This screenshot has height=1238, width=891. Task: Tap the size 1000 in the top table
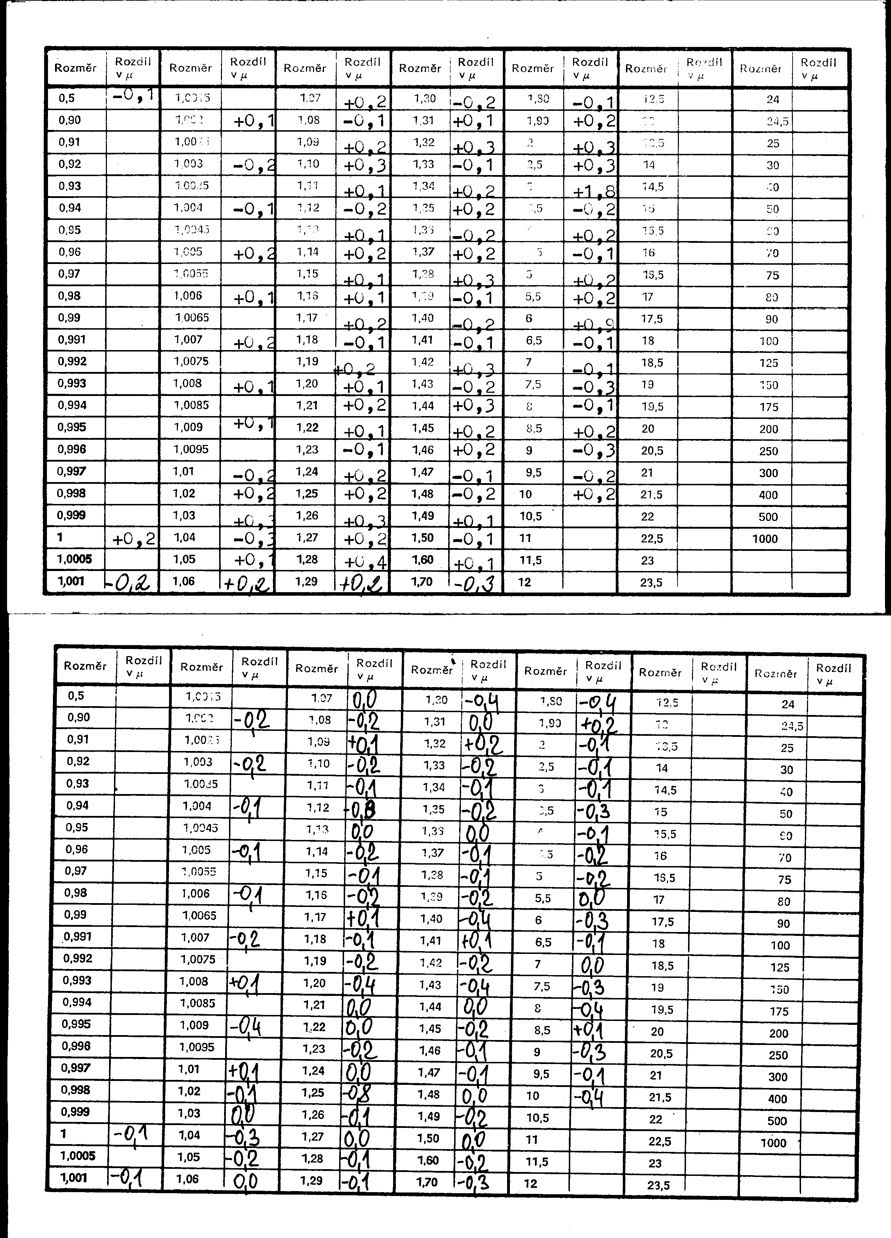pos(765,539)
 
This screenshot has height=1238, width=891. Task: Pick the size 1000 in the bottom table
pos(773,1142)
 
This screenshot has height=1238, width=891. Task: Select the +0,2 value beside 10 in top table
pos(594,494)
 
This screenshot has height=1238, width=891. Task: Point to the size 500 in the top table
pos(768,517)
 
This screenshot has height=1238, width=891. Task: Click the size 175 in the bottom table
pos(779,1011)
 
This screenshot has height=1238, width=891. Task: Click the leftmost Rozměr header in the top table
pos(76,68)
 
